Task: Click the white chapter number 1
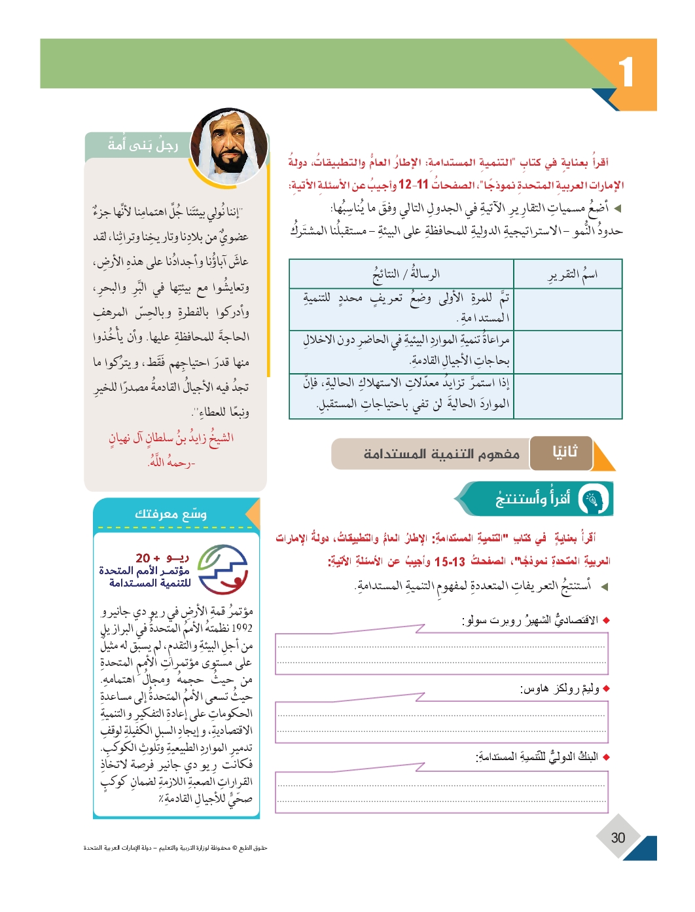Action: [x=626, y=71]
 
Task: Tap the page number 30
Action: [x=618, y=837]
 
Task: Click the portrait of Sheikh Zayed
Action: [x=230, y=148]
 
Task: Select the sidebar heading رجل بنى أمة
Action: [x=143, y=145]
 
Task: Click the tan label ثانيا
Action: [x=564, y=452]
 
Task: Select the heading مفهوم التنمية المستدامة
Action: [x=442, y=454]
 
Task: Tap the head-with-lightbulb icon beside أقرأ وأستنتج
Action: [x=594, y=500]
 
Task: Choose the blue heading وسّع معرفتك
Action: [x=171, y=514]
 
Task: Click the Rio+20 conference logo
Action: [x=223, y=569]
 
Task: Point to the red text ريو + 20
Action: [x=162, y=558]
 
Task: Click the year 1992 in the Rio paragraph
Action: [x=241, y=628]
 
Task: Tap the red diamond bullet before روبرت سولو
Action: [x=606, y=620]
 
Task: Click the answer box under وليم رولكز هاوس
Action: [x=441, y=722]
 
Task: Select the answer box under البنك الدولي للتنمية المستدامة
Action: [x=441, y=792]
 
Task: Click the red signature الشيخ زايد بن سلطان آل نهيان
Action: [x=171, y=438]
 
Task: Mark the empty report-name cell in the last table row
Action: [x=567, y=395]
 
